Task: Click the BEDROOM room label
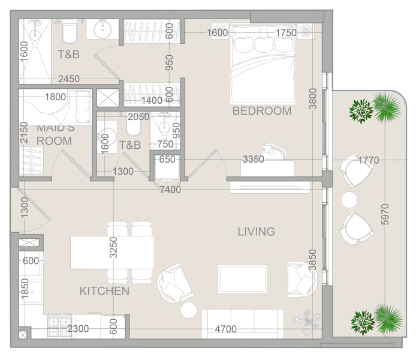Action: tap(262, 111)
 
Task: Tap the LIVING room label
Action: tap(257, 232)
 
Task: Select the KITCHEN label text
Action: tap(104, 291)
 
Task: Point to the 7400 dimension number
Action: tap(170, 190)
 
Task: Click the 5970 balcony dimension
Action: tap(385, 214)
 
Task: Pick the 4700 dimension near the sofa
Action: tap(226, 329)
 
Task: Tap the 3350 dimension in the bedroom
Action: tap(254, 160)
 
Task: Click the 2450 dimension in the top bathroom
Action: tap(69, 79)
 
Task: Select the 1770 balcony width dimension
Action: tap(369, 160)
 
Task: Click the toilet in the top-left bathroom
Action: tap(70, 32)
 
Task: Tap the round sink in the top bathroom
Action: tap(103, 29)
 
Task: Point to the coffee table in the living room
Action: tap(242, 279)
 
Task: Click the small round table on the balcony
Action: tap(349, 200)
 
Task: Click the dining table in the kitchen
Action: tap(113, 252)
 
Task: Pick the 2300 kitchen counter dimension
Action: tap(78, 329)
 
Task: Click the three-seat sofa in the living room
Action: tap(243, 323)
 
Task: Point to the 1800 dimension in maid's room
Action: tap(55, 97)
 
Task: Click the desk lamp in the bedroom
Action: tap(273, 151)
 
